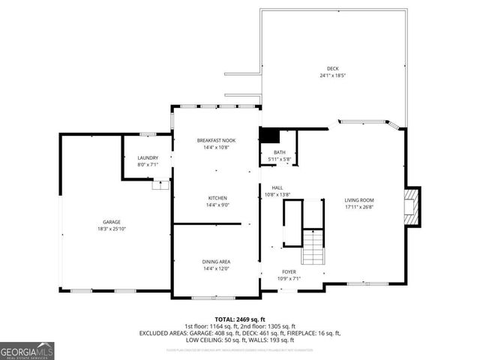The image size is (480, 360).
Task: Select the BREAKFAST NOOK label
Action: click(217, 140)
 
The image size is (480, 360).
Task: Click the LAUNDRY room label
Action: click(148, 157)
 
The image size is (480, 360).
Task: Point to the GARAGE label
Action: click(111, 222)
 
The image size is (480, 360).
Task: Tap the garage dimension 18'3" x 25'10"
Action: click(111, 229)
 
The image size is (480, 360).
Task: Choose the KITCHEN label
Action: click(217, 198)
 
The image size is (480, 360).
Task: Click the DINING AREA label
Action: click(216, 261)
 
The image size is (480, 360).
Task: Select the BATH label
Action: click(279, 152)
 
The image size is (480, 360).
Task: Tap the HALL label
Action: click(277, 187)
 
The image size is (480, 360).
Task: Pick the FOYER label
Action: click(289, 271)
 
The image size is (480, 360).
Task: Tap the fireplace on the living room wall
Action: click(410, 205)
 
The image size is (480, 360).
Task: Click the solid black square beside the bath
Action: click(269, 136)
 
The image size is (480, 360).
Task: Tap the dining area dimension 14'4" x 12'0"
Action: click(216, 268)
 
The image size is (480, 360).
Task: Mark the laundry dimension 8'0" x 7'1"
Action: click(148, 164)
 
